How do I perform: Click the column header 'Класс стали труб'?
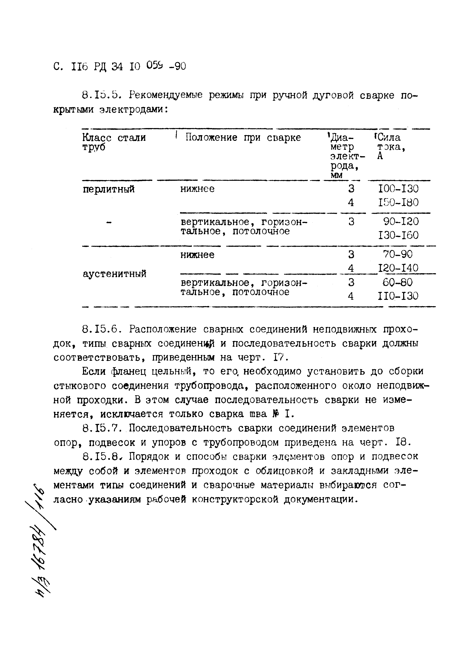(x=114, y=142)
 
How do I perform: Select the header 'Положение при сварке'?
(x=243, y=138)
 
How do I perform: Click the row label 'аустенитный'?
(x=114, y=274)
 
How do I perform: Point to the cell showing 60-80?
(x=398, y=283)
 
